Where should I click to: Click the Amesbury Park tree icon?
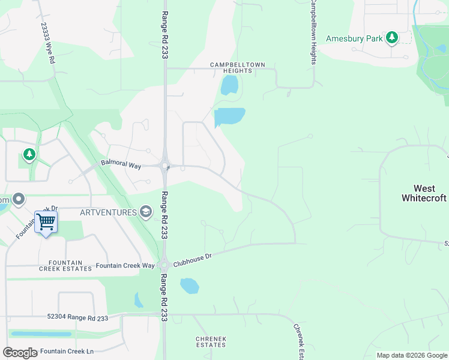(392, 38)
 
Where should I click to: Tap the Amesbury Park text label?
(354, 39)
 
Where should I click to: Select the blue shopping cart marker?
(46, 222)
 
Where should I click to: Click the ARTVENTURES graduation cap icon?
(145, 211)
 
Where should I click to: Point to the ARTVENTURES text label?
(107, 211)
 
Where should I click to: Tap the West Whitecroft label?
(424, 193)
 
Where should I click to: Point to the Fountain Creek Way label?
(125, 265)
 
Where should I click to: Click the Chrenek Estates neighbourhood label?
(211, 342)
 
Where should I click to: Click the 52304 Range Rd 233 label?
(77, 317)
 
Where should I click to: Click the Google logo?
(20, 352)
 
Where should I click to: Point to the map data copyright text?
(411, 355)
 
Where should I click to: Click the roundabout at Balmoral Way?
(164, 166)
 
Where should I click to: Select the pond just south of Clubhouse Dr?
(189, 286)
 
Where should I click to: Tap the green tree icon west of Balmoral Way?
(29, 155)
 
